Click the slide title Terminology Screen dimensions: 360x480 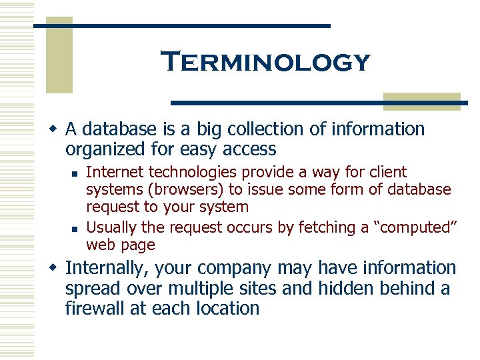pyautogui.click(x=265, y=62)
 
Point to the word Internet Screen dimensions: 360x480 pyautogui.click(x=115, y=172)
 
